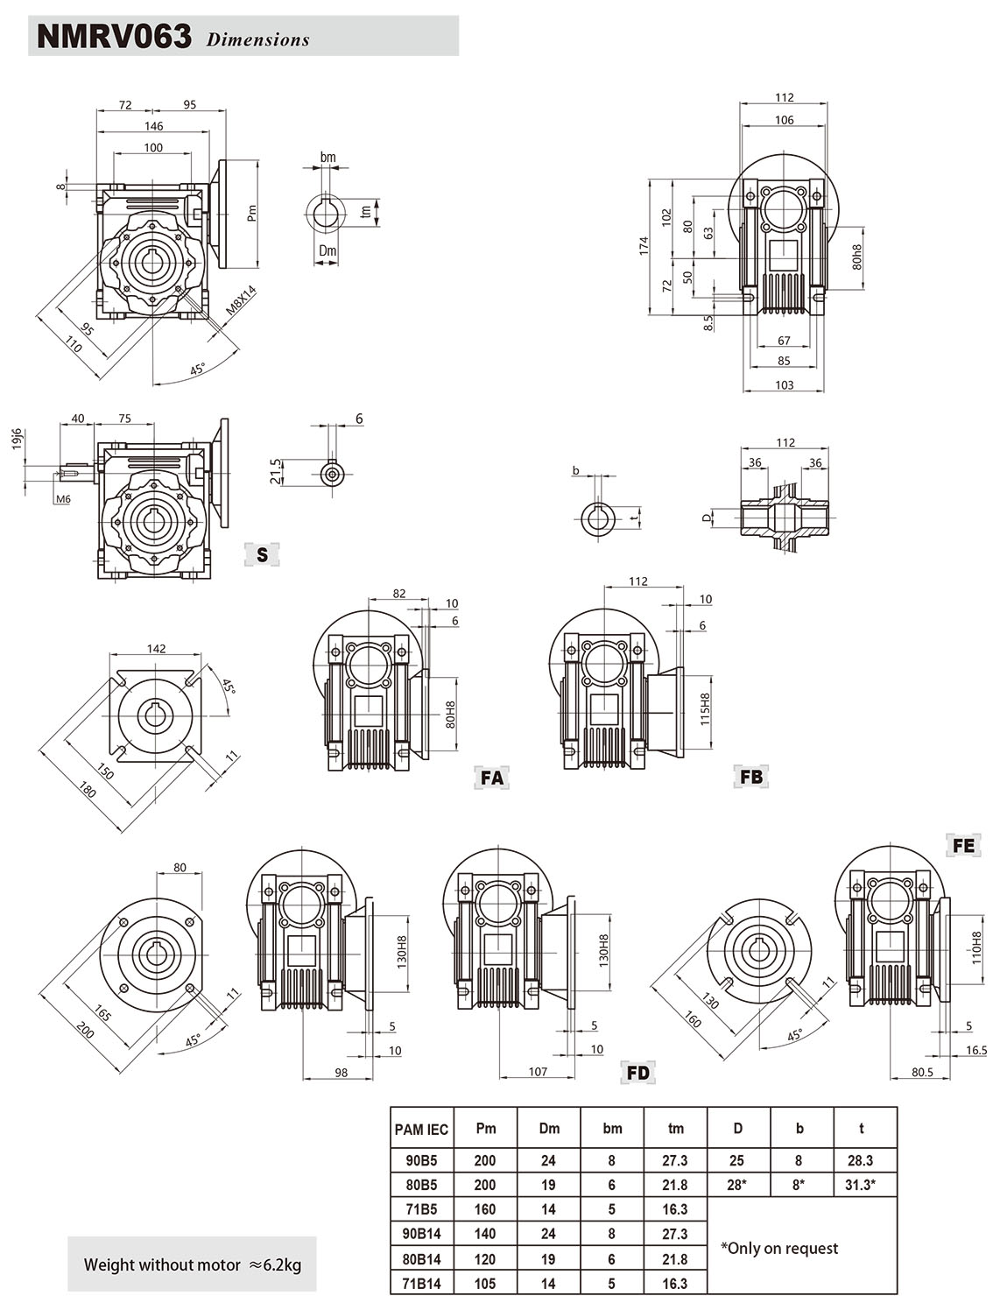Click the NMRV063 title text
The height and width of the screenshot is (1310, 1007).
coord(114,36)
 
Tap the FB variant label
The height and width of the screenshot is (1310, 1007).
coord(751,777)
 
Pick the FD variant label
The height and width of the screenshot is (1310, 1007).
coord(638,1073)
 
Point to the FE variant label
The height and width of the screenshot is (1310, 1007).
coord(963,846)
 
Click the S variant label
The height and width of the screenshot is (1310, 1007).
coord(262,554)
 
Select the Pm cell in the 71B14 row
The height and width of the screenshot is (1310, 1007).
coord(484,1284)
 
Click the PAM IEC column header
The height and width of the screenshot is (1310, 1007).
coord(421,1129)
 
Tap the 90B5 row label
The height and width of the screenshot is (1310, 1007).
coord(421,1160)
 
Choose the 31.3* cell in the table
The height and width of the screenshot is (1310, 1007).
coord(860,1185)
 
